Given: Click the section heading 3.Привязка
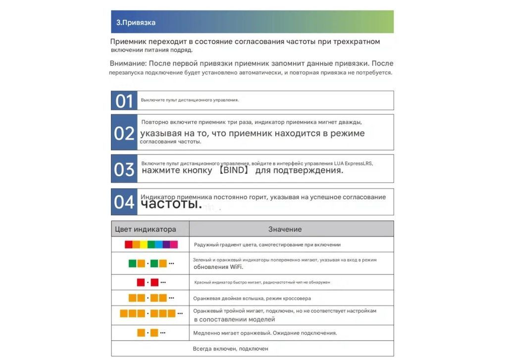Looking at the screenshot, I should pyautogui.click(x=136, y=22).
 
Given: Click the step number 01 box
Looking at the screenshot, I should pyautogui.click(x=124, y=101).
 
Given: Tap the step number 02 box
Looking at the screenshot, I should pyautogui.click(x=124, y=133).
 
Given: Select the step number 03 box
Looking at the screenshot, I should pyautogui.click(x=124, y=169).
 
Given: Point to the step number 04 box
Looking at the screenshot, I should pyautogui.click(x=124, y=202).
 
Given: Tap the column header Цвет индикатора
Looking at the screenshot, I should pyautogui.click(x=145, y=229).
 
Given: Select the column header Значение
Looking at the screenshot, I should pyautogui.click(x=285, y=229).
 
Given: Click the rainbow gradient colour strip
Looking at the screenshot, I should pyautogui.click(x=151, y=245).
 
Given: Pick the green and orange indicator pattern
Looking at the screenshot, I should pyautogui.click(x=151, y=263).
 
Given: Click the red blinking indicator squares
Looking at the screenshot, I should pyautogui.click(x=151, y=282).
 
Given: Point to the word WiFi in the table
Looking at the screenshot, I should pyautogui.click(x=236, y=267).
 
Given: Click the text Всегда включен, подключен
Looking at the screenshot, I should pyautogui.click(x=230, y=349).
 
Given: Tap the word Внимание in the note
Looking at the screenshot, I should pyautogui.click(x=127, y=63).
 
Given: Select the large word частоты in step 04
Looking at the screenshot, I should pyautogui.click(x=171, y=204).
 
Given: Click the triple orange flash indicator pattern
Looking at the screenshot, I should pyautogui.click(x=151, y=313).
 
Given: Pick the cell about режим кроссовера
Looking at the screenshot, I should pyautogui.click(x=252, y=299).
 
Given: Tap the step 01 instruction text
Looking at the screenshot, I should pyautogui.click(x=190, y=100).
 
